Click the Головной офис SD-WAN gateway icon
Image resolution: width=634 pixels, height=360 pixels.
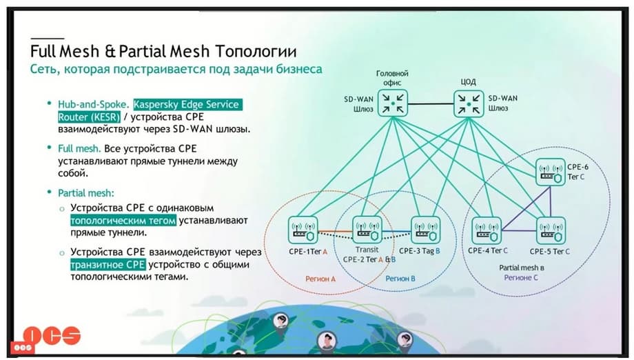[x=392, y=103]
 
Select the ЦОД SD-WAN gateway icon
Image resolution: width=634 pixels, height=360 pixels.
[x=469, y=103]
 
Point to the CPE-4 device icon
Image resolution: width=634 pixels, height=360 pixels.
[x=487, y=230]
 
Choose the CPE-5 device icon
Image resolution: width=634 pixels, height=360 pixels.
[x=551, y=230]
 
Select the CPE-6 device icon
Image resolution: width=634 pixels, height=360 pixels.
[x=551, y=170]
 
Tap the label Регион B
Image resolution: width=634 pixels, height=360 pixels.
[x=400, y=279]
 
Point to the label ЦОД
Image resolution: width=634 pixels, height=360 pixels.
[x=468, y=82]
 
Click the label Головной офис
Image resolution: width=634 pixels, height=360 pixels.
[x=392, y=77]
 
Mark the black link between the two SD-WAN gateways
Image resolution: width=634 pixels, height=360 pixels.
[x=431, y=104]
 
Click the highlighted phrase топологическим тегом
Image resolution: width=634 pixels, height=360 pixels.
[x=123, y=221]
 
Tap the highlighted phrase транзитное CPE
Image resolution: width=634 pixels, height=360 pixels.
[x=105, y=264]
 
